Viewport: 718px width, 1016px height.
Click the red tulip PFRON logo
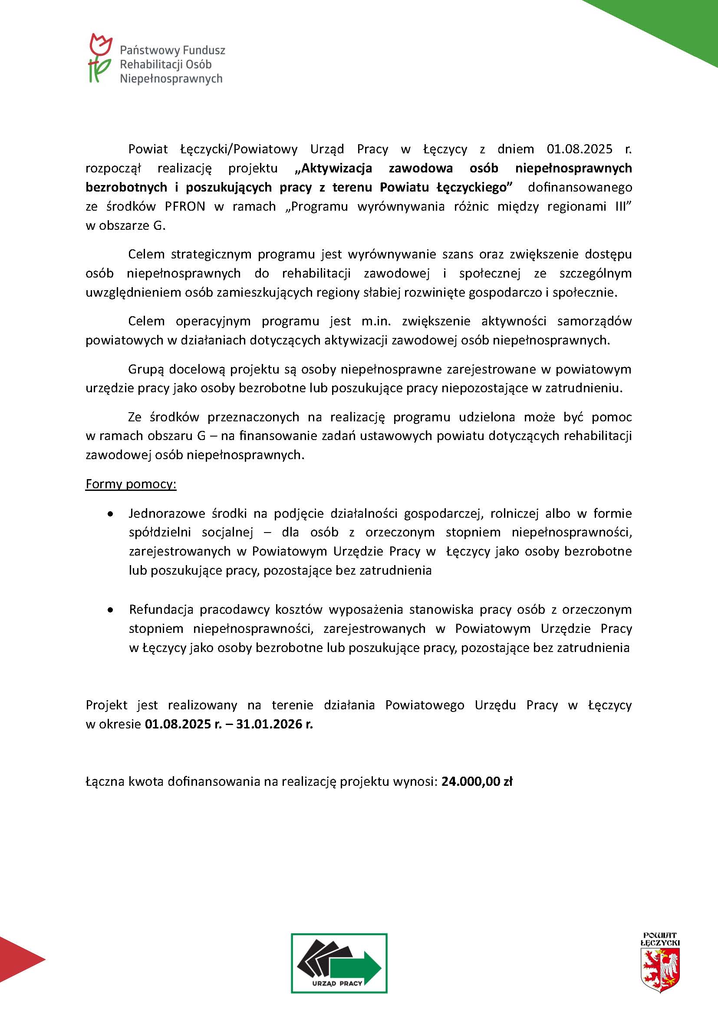click(x=100, y=57)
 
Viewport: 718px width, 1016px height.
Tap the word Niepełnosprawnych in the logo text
click(x=171, y=79)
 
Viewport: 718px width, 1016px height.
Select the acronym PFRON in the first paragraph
click(x=185, y=207)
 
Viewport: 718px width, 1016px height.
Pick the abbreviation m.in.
click(x=376, y=321)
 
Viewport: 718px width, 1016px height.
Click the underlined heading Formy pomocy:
click(x=131, y=484)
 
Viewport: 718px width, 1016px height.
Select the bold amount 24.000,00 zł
click(x=477, y=781)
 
